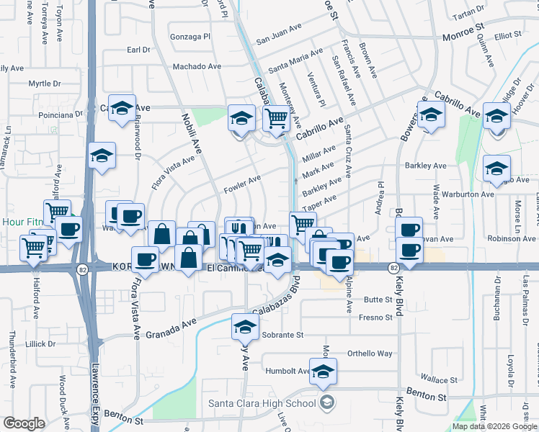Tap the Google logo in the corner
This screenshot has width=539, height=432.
[24, 423]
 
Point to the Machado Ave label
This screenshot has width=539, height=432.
[196, 66]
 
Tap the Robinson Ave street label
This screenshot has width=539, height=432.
[512, 237]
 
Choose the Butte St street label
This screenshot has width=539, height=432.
[376, 299]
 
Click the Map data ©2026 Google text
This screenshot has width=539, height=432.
[494, 426]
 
